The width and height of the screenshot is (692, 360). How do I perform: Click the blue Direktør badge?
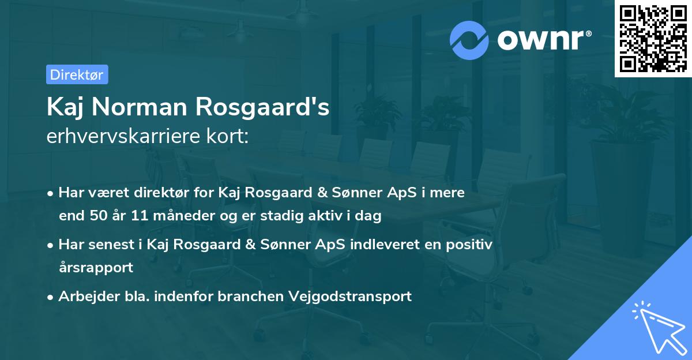click(77, 74)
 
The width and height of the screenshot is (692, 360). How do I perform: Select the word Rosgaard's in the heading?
click(264, 107)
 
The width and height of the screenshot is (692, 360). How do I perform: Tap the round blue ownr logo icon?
click(469, 40)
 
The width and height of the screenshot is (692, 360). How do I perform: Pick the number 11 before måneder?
click(140, 216)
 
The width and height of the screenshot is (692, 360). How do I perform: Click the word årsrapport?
click(96, 268)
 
